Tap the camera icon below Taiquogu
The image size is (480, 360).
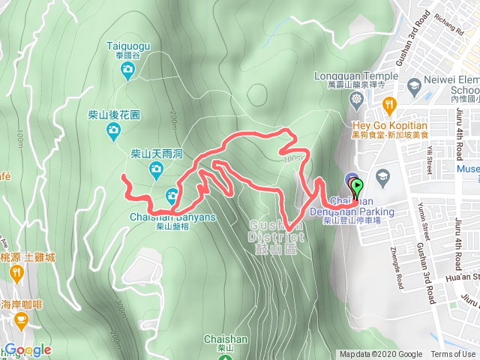click(x=128, y=71)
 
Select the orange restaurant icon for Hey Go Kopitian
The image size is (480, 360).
click(x=388, y=103)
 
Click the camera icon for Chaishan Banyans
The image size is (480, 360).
click(x=173, y=196)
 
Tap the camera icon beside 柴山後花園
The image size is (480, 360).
click(x=113, y=133)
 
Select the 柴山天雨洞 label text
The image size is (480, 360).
click(x=157, y=153)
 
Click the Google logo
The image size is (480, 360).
click(x=27, y=349)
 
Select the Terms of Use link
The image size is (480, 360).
click(x=453, y=355)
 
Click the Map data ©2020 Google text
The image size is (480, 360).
click(x=380, y=355)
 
